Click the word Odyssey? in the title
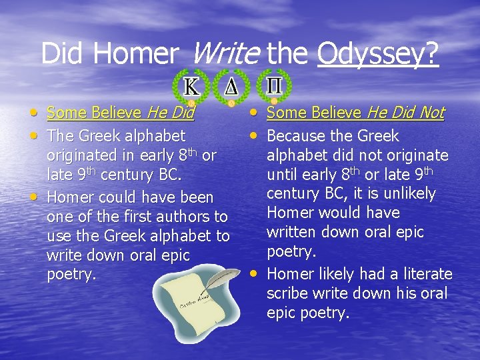click(x=378, y=53)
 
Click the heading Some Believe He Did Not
click(x=355, y=113)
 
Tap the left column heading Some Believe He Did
click(x=120, y=113)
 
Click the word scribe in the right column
click(x=289, y=293)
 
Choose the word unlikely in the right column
click(x=408, y=194)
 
